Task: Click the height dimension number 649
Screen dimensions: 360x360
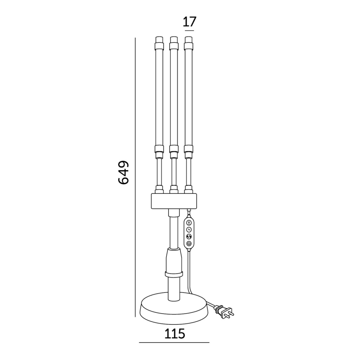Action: pos(123,173)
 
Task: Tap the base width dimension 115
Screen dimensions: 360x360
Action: pos(175,333)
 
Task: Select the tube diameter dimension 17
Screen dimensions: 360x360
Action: pos(190,22)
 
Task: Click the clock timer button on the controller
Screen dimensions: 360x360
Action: pos(189,229)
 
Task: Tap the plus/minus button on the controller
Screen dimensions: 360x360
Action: pos(189,222)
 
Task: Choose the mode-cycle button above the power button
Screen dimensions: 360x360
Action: pos(189,236)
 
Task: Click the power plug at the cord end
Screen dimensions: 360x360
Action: pos(225,311)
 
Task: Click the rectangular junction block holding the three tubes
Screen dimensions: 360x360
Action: pos(174,201)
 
